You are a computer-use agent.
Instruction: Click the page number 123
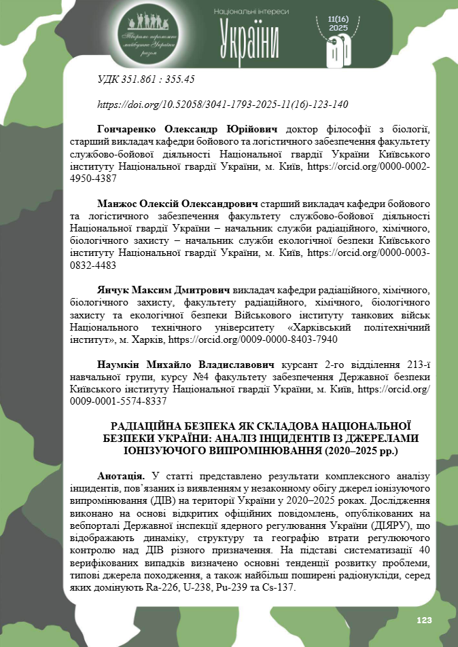(x=424, y=621)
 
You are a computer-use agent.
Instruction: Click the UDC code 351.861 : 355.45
(x=147, y=79)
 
